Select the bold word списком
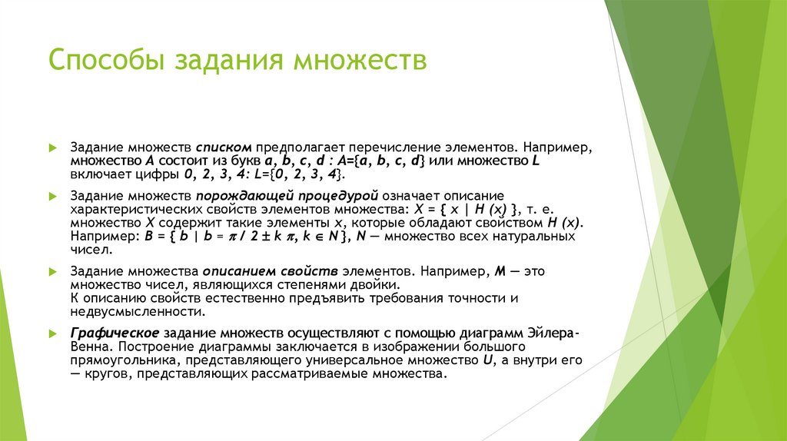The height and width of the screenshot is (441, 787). (x=224, y=145)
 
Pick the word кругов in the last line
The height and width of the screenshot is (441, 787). (x=105, y=375)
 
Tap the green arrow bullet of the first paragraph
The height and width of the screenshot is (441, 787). (x=51, y=145)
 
